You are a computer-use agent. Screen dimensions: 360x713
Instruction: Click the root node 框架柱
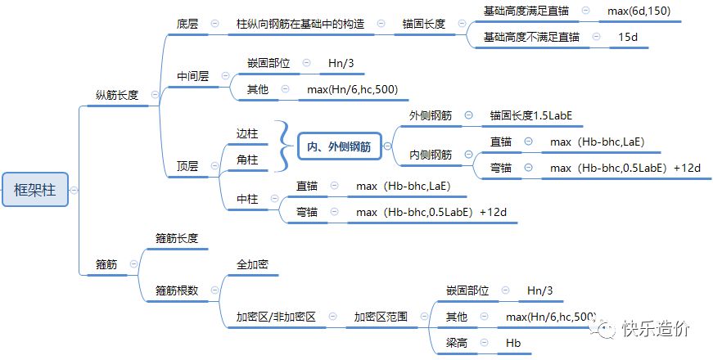(34, 190)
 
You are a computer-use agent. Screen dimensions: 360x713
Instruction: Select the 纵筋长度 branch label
(117, 95)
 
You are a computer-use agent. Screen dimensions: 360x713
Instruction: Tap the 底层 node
(187, 24)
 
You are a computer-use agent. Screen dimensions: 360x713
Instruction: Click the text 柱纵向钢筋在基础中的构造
(300, 24)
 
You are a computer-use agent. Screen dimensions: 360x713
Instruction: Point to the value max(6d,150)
(642, 11)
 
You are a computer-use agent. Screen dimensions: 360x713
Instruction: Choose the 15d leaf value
(628, 37)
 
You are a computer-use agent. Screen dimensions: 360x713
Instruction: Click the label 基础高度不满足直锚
(531, 37)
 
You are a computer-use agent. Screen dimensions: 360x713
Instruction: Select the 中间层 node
(193, 76)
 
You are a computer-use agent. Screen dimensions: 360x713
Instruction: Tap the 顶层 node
(187, 166)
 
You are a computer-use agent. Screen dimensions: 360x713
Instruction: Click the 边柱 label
(247, 133)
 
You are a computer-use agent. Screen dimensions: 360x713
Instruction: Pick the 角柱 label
(247, 160)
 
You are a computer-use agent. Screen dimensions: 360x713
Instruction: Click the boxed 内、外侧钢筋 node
(338, 147)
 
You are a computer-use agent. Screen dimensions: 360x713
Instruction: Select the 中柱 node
(247, 199)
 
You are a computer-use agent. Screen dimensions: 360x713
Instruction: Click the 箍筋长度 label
(177, 238)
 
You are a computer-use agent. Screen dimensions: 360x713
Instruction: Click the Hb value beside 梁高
(513, 343)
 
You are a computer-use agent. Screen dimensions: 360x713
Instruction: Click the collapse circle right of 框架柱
(74, 190)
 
